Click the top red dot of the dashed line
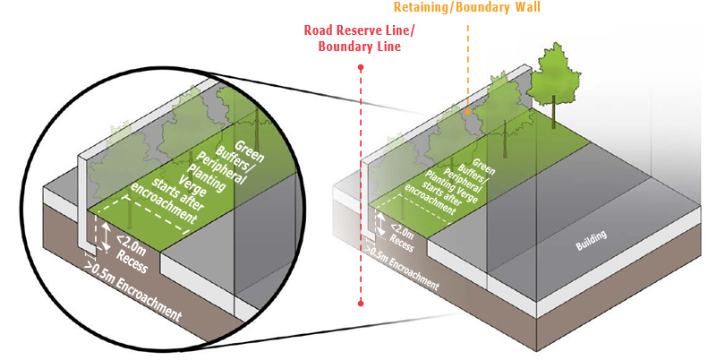tap(360, 67)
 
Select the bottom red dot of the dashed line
tap(360, 304)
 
